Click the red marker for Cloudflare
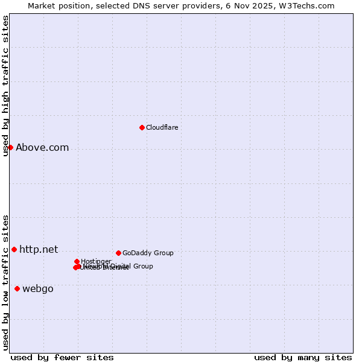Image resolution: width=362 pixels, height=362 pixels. [x=142, y=127]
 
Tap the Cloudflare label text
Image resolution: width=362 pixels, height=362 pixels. [x=162, y=127]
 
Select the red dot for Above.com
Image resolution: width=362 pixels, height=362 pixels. [x=10, y=147]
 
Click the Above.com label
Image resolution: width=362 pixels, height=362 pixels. [x=42, y=147]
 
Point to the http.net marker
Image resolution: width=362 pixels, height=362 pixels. [x=14, y=249]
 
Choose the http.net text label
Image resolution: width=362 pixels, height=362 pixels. [x=39, y=249]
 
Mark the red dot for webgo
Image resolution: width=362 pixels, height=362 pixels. [x=17, y=288]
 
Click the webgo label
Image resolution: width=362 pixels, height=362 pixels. [x=37, y=288]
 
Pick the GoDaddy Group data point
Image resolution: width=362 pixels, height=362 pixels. [x=118, y=253]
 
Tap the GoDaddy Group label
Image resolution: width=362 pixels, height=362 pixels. [x=148, y=253]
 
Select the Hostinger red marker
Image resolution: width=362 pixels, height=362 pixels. [x=77, y=261]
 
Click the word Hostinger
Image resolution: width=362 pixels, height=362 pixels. [x=96, y=261]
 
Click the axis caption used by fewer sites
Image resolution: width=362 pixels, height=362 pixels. [x=62, y=357]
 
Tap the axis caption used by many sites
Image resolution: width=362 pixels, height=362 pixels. [x=303, y=357]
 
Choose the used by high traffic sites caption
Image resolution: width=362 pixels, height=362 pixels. [x=5, y=86]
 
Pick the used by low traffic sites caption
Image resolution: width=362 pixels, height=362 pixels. [x=5, y=282]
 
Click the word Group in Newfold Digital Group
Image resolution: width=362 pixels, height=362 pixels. [x=143, y=266]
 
